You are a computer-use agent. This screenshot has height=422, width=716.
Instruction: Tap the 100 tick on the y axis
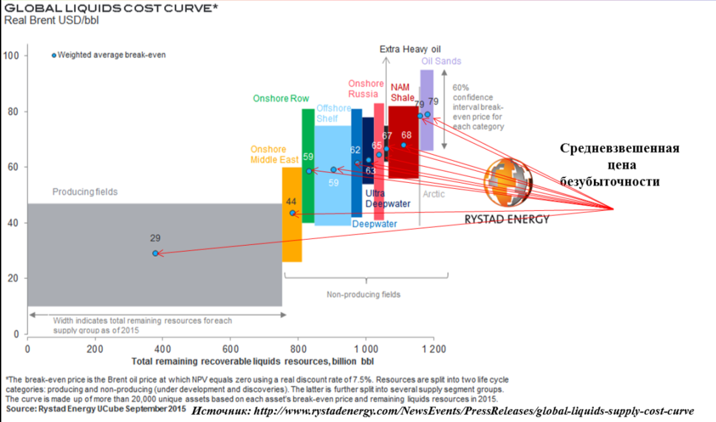pos(13,55)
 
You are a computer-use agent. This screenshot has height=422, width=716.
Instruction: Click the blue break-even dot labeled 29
pos(155,253)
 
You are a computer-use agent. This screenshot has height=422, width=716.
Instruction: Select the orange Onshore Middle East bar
pos(292,240)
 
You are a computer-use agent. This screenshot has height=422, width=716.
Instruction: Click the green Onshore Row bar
pos(308,194)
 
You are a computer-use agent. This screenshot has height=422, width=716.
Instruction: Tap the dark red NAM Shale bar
pos(403,160)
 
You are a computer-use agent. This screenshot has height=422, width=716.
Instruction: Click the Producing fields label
pos(85,192)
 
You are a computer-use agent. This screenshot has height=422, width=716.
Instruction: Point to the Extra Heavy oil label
pos(410,49)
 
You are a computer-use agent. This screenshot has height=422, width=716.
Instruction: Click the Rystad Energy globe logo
pos(508,184)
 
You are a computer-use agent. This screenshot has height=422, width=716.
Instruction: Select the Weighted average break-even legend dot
pos(54,55)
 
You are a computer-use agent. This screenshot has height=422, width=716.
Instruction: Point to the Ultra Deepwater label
pos(387,198)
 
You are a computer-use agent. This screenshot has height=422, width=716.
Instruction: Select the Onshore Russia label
pos(366,89)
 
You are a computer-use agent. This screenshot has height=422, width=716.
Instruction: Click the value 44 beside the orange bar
pos(291,201)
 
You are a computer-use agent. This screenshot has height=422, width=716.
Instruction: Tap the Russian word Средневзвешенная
pos(619,148)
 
